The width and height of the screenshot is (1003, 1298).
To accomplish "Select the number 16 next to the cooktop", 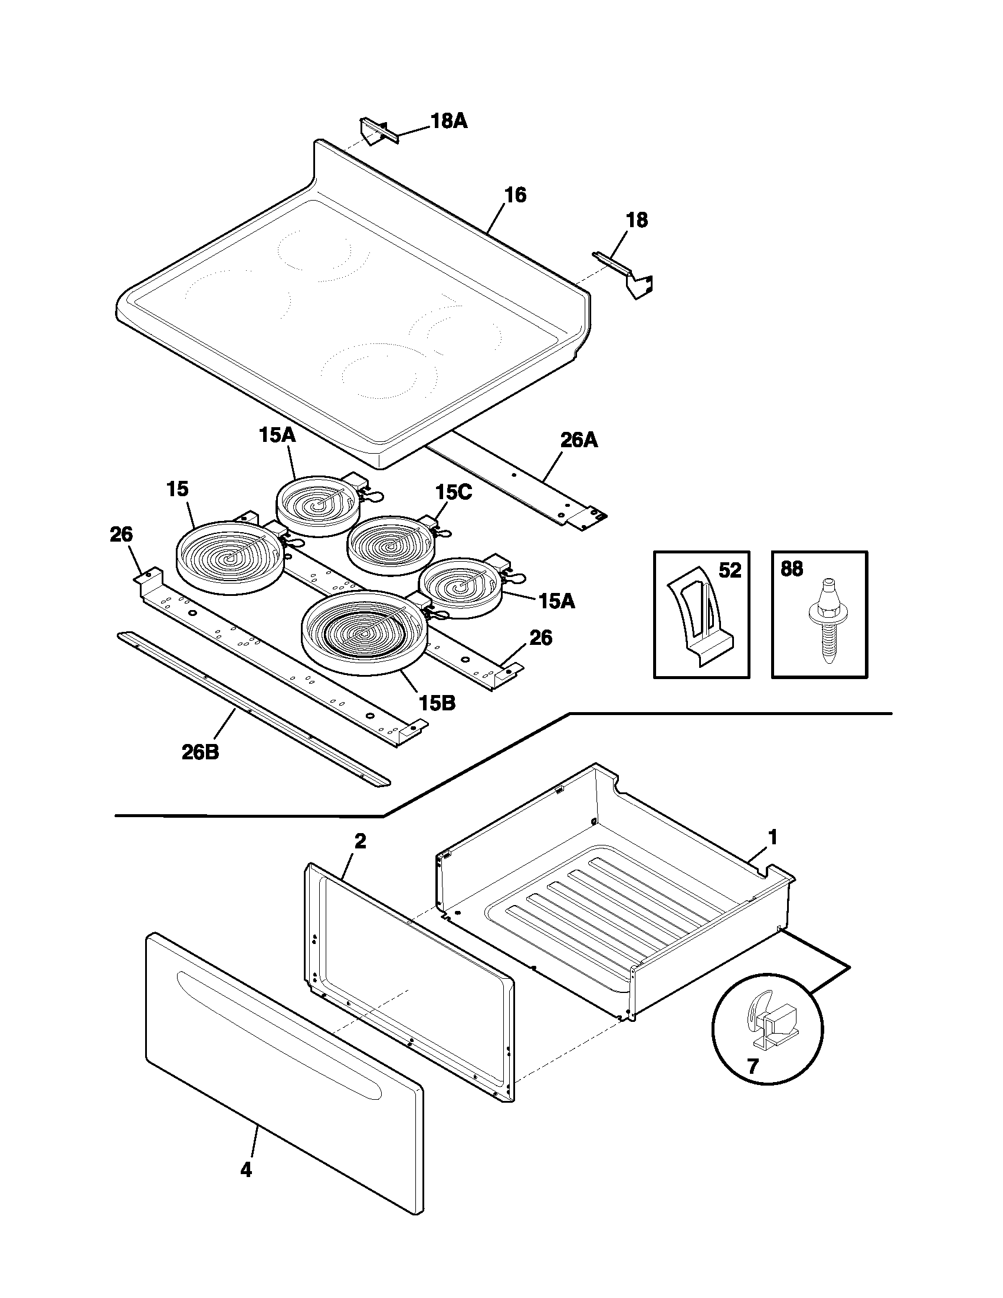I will [515, 195].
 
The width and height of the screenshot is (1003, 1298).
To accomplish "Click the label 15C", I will [453, 492].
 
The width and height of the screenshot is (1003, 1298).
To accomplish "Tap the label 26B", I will [200, 752].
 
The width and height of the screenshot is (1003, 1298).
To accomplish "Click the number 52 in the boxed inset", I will [730, 571].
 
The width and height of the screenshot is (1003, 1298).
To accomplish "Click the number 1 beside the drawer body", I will [772, 837].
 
